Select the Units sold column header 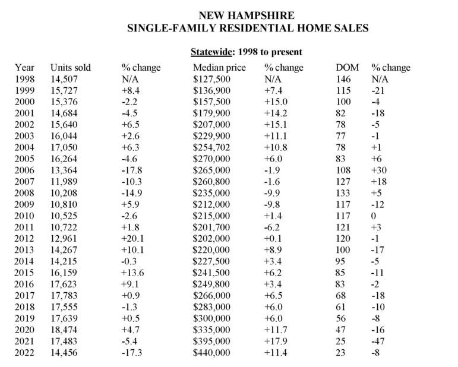tap(71, 68)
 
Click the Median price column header tap(219, 68)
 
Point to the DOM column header tap(348, 68)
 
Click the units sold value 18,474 tap(64, 331)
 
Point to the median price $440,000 tap(212, 354)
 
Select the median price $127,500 tap(212, 79)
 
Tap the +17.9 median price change tap(276, 343)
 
